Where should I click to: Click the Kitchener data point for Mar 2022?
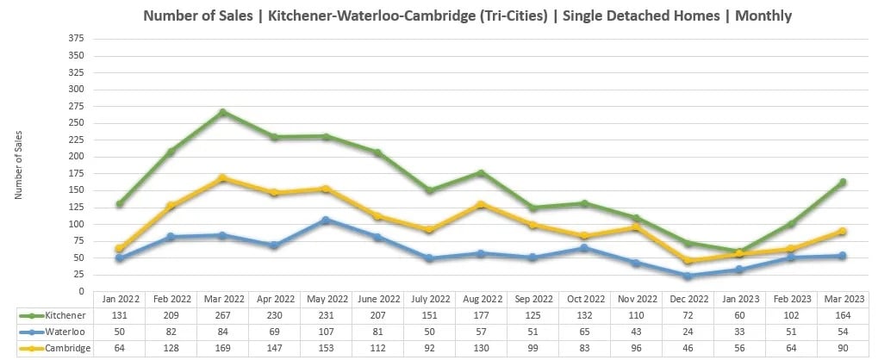(x=222, y=112)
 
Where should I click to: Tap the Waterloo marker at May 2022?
(x=326, y=220)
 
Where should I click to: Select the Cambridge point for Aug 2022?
(x=481, y=205)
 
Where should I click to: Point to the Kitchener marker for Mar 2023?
(x=842, y=182)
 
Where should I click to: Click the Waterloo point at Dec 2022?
(x=687, y=276)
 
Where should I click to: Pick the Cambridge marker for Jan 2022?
(x=119, y=249)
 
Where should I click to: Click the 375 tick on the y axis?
(x=77, y=38)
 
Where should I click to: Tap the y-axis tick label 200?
(x=77, y=157)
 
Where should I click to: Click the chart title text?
(x=466, y=16)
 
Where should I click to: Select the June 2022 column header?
(x=377, y=299)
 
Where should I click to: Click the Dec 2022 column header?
(x=687, y=299)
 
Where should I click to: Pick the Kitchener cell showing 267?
(x=222, y=315)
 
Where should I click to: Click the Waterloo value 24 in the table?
(x=687, y=331)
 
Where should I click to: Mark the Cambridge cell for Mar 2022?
(x=222, y=346)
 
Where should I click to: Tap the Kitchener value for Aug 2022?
(x=481, y=315)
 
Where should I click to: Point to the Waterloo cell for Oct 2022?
(x=584, y=331)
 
